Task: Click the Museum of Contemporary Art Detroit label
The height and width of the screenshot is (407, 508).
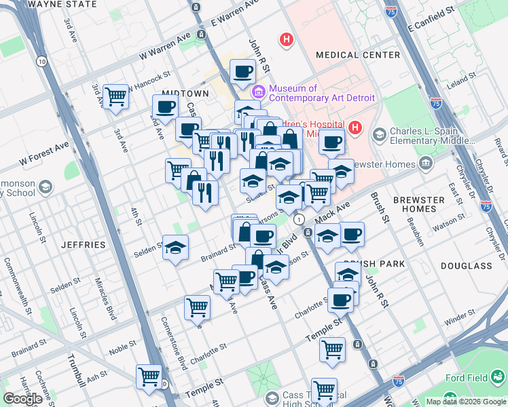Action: click(322, 93)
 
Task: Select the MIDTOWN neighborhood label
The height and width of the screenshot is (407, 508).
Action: click(185, 93)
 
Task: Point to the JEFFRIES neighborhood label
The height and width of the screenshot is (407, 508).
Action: click(83, 244)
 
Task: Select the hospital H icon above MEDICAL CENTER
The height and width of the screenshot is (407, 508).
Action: click(287, 40)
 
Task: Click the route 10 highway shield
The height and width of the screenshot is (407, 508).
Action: click(42, 62)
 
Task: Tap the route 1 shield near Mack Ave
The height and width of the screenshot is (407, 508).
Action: click(299, 219)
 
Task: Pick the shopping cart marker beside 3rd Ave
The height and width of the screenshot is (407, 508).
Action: click(116, 97)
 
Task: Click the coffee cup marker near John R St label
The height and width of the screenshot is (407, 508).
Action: click(242, 71)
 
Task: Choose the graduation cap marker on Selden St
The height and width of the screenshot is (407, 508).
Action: click(175, 247)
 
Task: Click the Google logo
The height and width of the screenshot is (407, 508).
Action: click(23, 399)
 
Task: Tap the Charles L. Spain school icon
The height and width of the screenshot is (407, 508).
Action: click(379, 135)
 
